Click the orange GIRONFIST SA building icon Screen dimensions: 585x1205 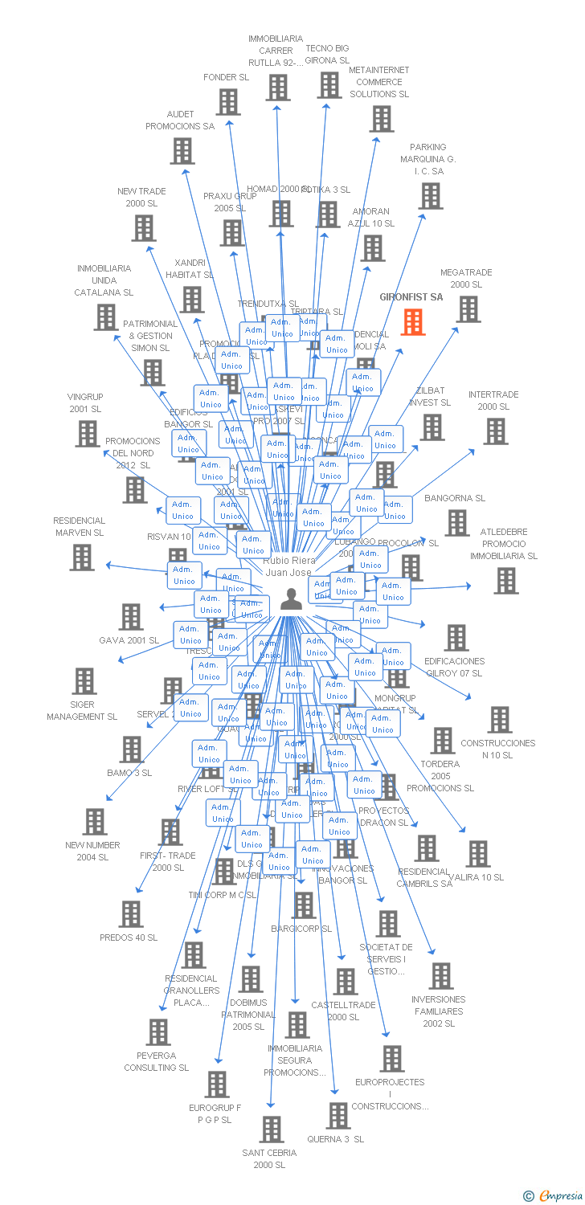[413, 321]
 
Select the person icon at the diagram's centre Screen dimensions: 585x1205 [290, 599]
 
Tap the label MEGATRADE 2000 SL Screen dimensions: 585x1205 [466, 279]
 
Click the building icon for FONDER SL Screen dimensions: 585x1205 [228, 102]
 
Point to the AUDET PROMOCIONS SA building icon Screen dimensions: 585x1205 [182, 150]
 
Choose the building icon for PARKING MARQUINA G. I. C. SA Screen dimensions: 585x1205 [430, 195]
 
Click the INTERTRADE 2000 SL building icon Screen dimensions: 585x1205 [495, 431]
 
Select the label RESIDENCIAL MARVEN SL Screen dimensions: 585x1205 [79, 526]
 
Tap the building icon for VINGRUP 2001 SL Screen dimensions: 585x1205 [88, 433]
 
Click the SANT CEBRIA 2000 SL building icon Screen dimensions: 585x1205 [272, 1129]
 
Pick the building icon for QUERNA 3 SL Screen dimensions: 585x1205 [338, 1115]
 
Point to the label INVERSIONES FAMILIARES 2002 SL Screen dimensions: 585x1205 [439, 1011]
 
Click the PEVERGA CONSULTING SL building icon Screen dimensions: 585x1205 [158, 1031]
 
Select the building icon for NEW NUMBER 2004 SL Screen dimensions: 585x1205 [95, 821]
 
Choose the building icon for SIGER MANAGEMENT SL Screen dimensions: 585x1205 [84, 680]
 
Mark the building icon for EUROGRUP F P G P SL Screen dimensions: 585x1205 [217, 1084]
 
